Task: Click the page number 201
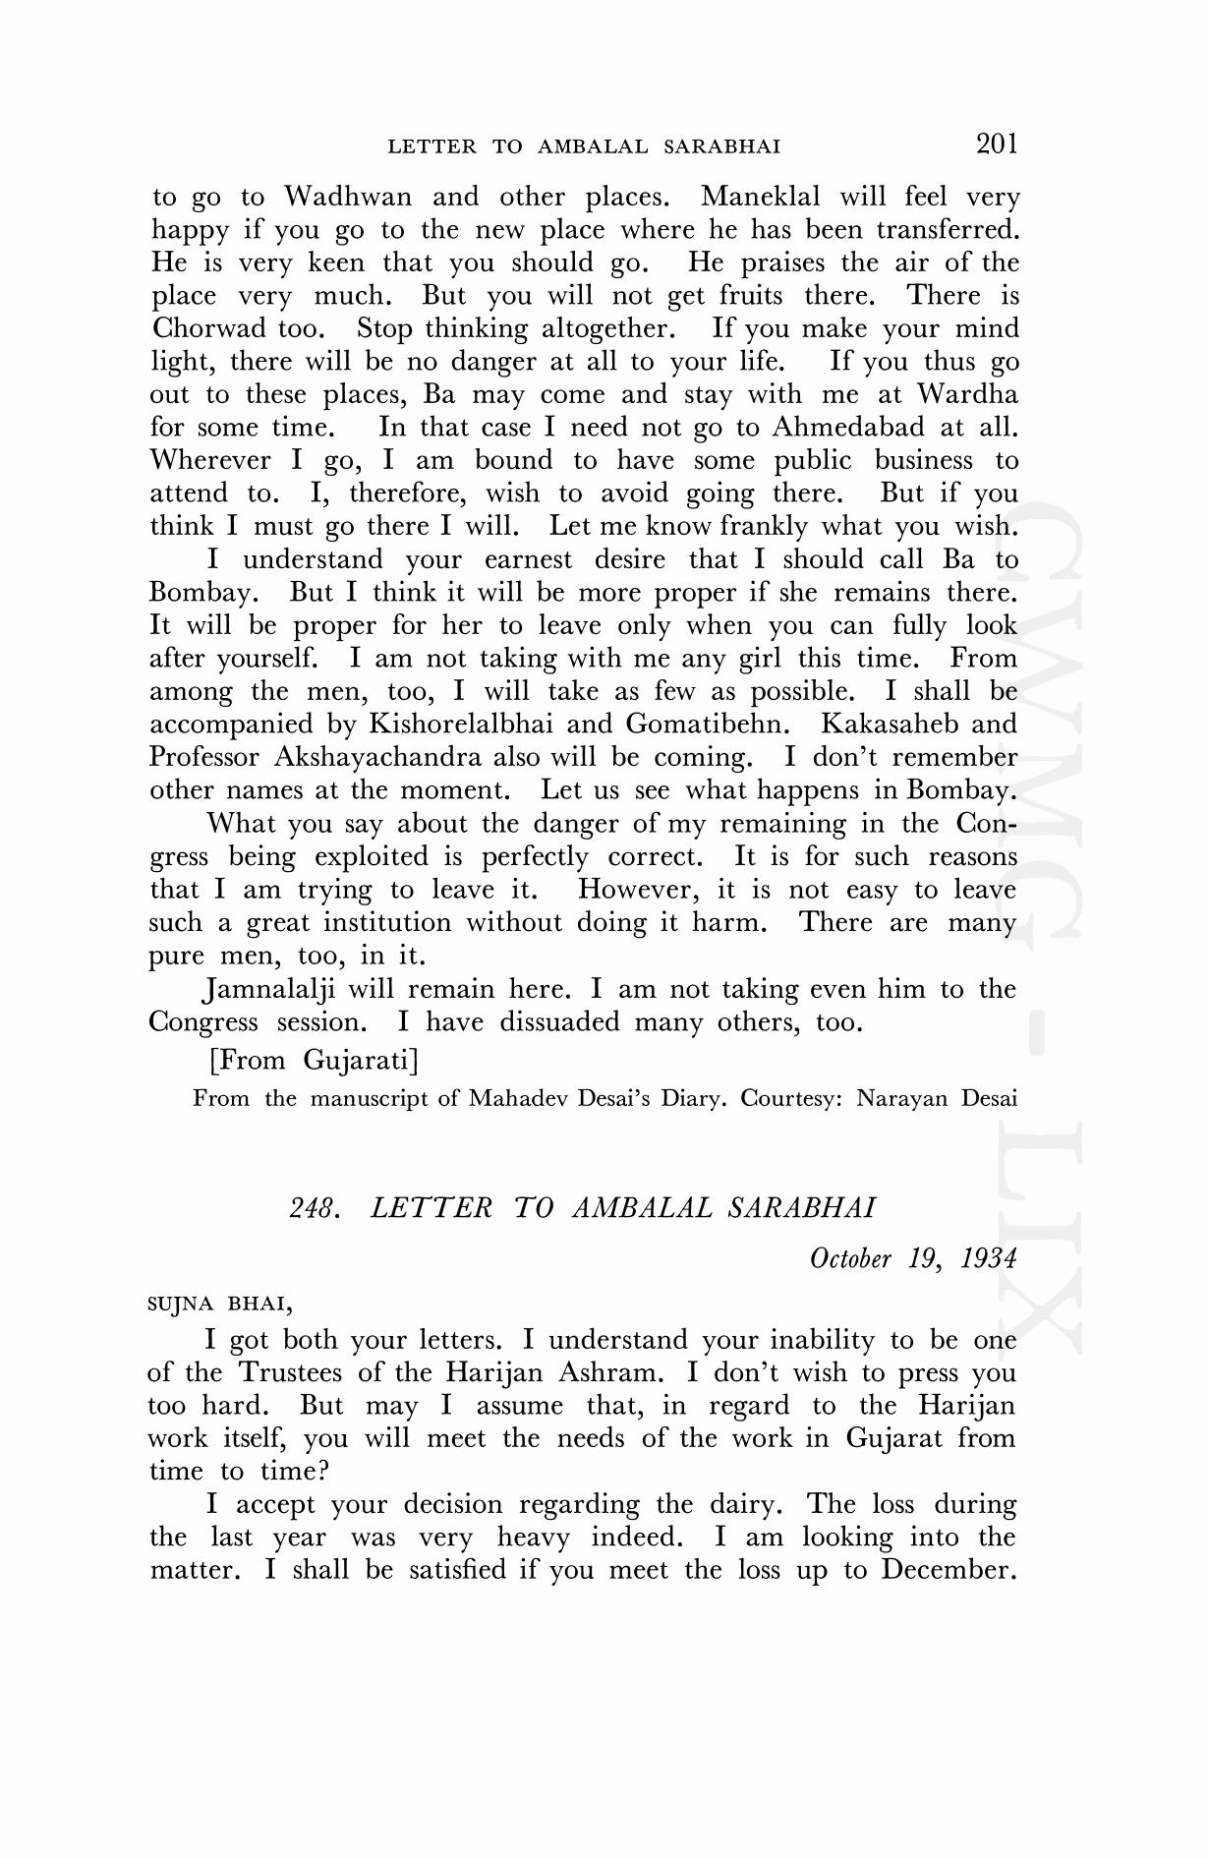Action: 997,145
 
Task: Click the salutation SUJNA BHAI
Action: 219,1306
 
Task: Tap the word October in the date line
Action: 850,1259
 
